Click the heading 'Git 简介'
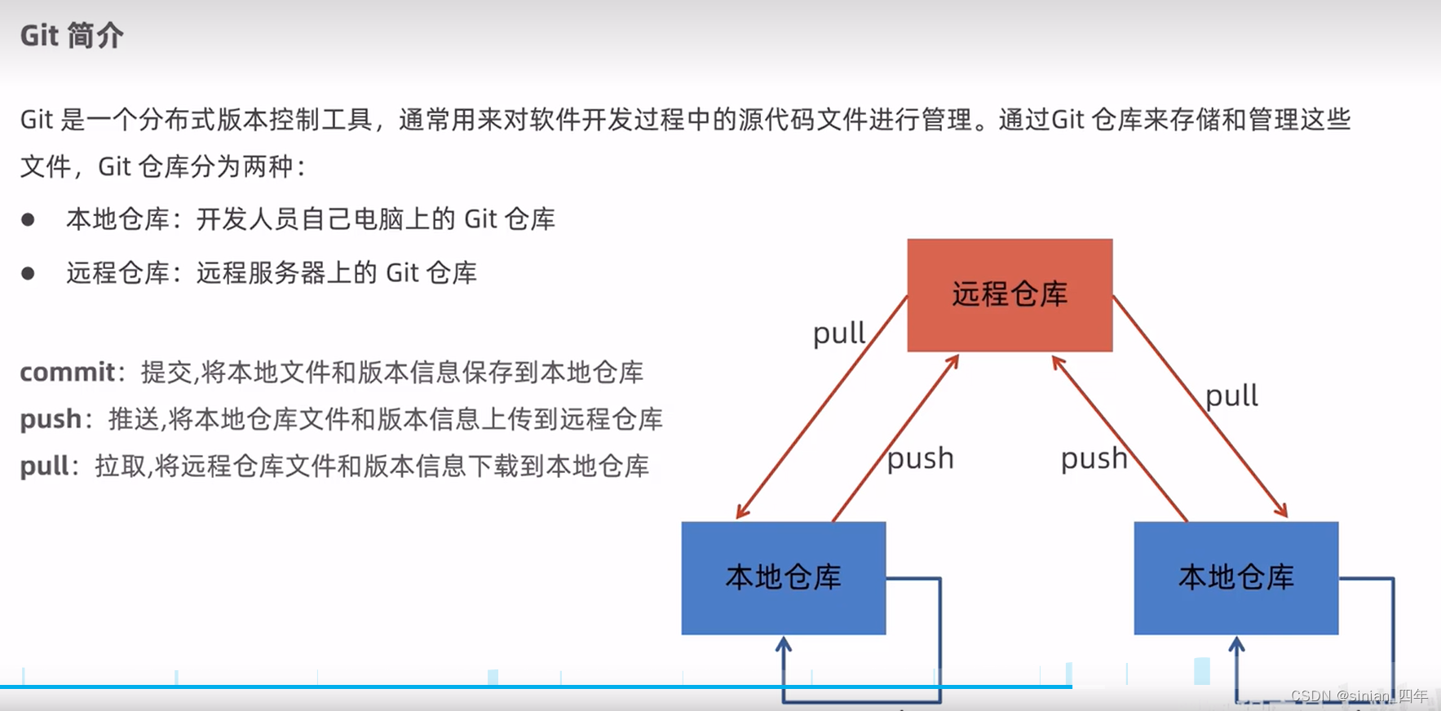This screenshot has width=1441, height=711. (x=72, y=36)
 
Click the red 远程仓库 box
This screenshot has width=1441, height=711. (x=1010, y=294)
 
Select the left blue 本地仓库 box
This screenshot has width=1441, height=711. (x=783, y=577)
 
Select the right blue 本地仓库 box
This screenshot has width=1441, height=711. (x=1235, y=577)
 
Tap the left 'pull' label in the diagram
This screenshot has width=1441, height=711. (x=838, y=333)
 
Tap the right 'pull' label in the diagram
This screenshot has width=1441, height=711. (x=1231, y=396)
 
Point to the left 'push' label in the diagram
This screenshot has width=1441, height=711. (x=920, y=458)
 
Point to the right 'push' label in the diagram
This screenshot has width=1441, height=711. (x=1094, y=458)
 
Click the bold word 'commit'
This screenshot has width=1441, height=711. (x=68, y=373)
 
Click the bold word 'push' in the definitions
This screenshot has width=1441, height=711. (x=51, y=419)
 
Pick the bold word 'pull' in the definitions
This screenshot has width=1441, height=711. (x=45, y=466)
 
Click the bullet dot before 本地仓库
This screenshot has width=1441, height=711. (x=28, y=219)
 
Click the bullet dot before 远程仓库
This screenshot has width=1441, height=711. (x=28, y=273)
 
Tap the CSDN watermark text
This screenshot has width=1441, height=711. (x=1359, y=696)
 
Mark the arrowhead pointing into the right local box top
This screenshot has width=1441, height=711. (x=1283, y=512)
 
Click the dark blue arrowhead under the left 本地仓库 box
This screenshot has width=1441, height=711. (x=784, y=644)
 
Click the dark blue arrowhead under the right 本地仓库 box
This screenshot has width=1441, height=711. (x=1236, y=644)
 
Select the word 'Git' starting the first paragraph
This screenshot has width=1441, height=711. (x=37, y=120)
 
